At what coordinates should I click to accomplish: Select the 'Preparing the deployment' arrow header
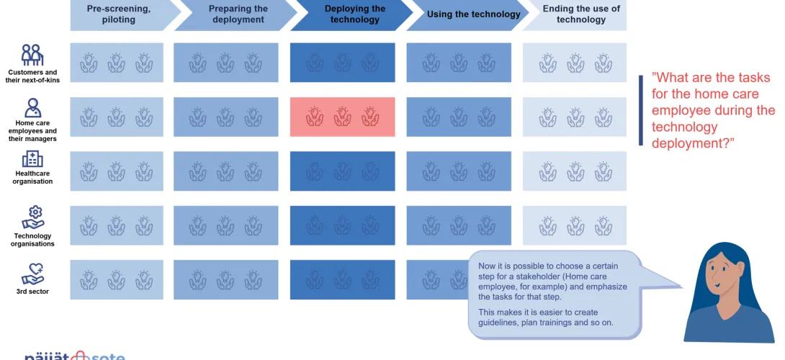pyautogui.click(x=235, y=15)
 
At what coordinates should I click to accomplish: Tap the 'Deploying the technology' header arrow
pyautogui.click(x=353, y=15)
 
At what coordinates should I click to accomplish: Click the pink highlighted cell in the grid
pyautogui.click(x=342, y=117)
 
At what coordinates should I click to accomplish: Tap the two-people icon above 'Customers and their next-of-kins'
pyautogui.click(x=31, y=55)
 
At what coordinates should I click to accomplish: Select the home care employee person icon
pyautogui.click(x=32, y=108)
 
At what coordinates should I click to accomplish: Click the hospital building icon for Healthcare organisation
pyautogui.click(x=32, y=159)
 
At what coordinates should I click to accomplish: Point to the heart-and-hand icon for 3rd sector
pyautogui.click(x=32, y=274)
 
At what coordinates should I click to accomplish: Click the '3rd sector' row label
pyautogui.click(x=32, y=292)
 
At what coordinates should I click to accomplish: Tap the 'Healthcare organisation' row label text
pyautogui.click(x=32, y=177)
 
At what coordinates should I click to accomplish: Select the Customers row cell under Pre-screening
pyautogui.click(x=117, y=63)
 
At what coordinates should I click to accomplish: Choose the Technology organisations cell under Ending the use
pyautogui.click(x=575, y=225)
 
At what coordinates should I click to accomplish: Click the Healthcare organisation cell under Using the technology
pyautogui.click(x=459, y=171)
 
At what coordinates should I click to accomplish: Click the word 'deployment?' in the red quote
pyautogui.click(x=693, y=143)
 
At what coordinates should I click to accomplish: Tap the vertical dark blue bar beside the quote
pyautogui.click(x=641, y=111)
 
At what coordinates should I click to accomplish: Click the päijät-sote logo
pyautogui.click(x=75, y=356)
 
